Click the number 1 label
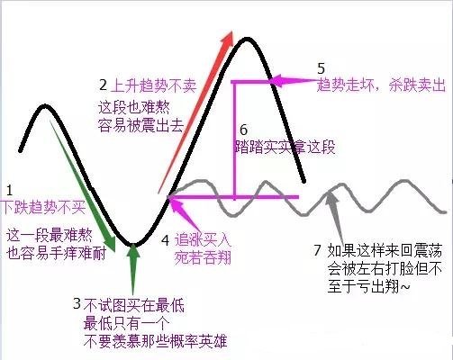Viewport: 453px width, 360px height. click(9, 191)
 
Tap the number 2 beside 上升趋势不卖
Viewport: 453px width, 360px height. click(103, 85)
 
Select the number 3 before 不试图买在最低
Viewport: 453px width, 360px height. click(77, 303)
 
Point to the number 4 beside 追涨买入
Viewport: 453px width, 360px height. click(166, 240)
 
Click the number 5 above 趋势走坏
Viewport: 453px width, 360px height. click(322, 68)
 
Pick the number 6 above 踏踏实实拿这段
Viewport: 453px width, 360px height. click(244, 130)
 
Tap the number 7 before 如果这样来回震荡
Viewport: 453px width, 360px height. click(318, 250)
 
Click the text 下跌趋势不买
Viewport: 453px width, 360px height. click(43, 207)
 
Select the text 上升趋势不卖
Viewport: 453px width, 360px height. click(153, 85)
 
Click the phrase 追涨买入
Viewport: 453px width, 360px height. click(203, 239)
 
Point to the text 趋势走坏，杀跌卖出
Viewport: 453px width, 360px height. click(381, 85)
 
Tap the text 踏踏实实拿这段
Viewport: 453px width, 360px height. click(285, 147)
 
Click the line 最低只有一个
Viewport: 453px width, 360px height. click(127, 323)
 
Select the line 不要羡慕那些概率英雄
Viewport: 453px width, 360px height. click(155, 341)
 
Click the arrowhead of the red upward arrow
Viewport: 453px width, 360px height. click(228, 38)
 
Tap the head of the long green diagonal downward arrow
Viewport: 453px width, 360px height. click(109, 243)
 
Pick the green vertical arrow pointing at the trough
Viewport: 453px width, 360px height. click(133, 270)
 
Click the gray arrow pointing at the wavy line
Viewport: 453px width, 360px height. click(335, 213)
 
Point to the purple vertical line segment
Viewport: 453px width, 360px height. click(235, 139)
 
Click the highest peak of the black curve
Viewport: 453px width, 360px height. click(247, 39)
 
